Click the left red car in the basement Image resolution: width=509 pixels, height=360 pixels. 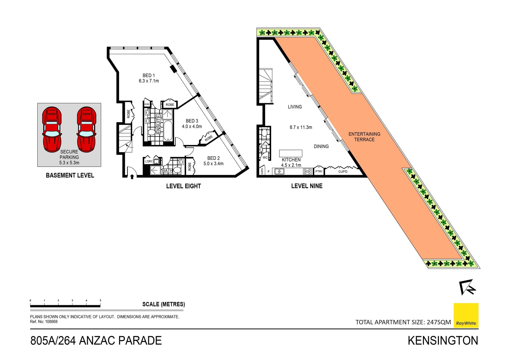[x=52, y=129]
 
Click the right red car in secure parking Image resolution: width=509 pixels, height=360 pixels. [x=86, y=129]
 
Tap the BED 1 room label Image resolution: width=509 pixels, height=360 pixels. [x=148, y=76]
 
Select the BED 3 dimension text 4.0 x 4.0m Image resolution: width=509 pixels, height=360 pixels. [x=192, y=127]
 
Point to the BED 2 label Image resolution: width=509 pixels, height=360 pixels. [x=213, y=158]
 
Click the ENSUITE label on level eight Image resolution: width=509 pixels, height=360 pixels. [x=159, y=124]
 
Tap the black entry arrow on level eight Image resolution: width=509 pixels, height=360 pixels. [x=132, y=176]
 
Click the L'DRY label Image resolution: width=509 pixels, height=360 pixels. [x=148, y=161]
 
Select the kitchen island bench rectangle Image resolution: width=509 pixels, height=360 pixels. [x=291, y=153]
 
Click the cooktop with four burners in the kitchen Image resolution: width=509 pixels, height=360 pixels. [x=307, y=171]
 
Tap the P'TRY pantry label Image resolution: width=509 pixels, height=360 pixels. [x=319, y=172]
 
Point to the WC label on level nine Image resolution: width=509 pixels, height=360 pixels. [x=265, y=158]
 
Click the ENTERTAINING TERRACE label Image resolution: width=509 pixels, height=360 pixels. [x=364, y=137]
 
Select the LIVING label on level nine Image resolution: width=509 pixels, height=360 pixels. [x=295, y=107]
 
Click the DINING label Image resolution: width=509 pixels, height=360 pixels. [x=321, y=146]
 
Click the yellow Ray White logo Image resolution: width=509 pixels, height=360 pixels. [x=466, y=315]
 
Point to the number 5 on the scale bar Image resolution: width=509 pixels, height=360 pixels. [x=100, y=301]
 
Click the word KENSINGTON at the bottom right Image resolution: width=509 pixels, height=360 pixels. [x=443, y=341]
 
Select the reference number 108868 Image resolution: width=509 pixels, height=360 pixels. [x=51, y=322]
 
